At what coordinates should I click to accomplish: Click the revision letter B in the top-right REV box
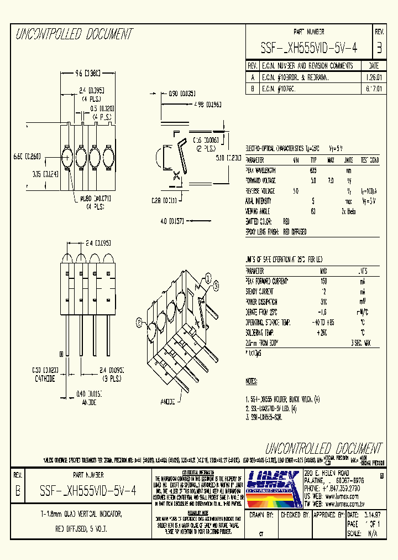379,48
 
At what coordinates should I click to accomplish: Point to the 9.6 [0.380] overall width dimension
87,72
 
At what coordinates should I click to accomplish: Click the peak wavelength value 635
313,170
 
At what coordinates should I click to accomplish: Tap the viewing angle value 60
313,211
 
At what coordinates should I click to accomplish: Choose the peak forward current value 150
323,281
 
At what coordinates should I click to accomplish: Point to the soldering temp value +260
323,332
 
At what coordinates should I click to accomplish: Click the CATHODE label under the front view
45,379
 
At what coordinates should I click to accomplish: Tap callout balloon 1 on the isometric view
208,277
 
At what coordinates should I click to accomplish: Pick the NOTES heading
253,382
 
